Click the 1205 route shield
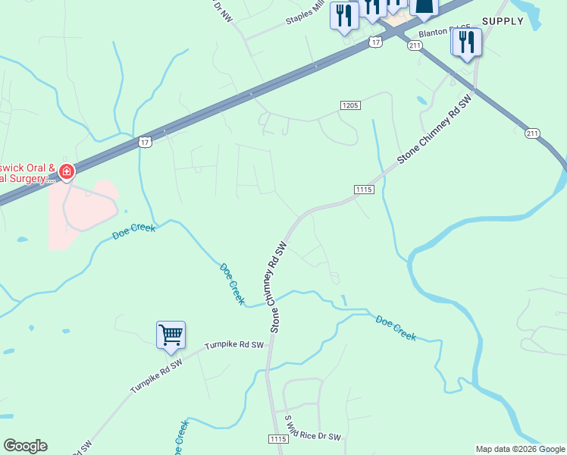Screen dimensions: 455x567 pyautogui.click(x=349, y=105)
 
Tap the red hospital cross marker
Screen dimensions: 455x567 pyautogui.click(x=67, y=172)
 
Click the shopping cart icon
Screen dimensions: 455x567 pyautogui.click(x=171, y=334)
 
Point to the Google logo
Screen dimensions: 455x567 pyautogui.click(x=25, y=445)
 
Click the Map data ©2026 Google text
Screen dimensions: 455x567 pyautogui.click(x=520, y=449)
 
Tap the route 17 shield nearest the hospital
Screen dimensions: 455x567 pyautogui.click(x=145, y=142)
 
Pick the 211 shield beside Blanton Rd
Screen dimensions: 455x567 pyautogui.click(x=414, y=46)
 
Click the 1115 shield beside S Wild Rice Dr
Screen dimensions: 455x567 pyautogui.click(x=278, y=439)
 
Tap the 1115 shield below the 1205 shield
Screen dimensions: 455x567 pyautogui.click(x=364, y=190)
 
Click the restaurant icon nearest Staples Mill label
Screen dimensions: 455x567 pyautogui.click(x=344, y=15)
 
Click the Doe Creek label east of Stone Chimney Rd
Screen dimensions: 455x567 pyautogui.click(x=396, y=328)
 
